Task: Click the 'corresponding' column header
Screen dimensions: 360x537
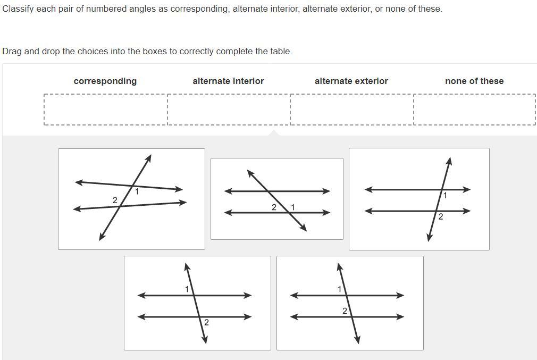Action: pyautogui.click(x=105, y=81)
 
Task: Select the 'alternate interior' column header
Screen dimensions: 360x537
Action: pyautogui.click(x=228, y=81)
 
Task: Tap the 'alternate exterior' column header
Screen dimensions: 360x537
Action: pyautogui.click(x=351, y=81)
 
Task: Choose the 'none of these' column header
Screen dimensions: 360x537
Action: pyautogui.click(x=474, y=81)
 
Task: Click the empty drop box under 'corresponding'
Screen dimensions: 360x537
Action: pyautogui.click(x=105, y=110)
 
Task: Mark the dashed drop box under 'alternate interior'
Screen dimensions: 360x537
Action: pyautogui.click(x=229, y=110)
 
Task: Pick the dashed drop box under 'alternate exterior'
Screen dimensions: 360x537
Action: pyautogui.click(x=351, y=110)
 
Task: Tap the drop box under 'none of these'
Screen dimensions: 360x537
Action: pyautogui.click(x=474, y=110)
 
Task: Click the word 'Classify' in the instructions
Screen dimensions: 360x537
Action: pyautogui.click(x=18, y=9)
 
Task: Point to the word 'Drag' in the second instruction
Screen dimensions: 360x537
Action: pyautogui.click(x=12, y=52)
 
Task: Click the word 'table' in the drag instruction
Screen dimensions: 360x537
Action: pyautogui.click(x=280, y=52)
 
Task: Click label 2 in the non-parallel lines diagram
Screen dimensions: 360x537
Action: pyautogui.click(x=115, y=200)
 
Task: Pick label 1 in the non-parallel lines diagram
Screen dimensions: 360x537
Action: pyautogui.click(x=137, y=191)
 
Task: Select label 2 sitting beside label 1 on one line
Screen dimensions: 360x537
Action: pyautogui.click(x=274, y=207)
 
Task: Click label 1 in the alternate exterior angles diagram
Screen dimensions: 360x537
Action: pyautogui.click(x=187, y=289)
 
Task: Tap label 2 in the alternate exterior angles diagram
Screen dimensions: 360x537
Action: pyautogui.click(x=206, y=322)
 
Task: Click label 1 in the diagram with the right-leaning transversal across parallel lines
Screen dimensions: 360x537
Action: pyautogui.click(x=445, y=196)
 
